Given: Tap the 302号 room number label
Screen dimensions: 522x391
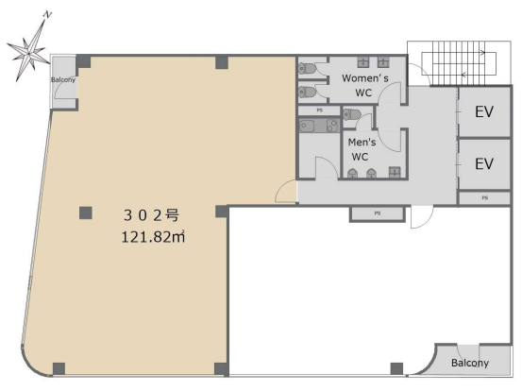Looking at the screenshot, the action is [x=151, y=215].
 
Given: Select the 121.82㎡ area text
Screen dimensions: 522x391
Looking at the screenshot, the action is [x=153, y=237].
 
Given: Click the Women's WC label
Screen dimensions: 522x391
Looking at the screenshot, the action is [x=365, y=85].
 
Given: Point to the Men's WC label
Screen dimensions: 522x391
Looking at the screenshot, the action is [x=362, y=149].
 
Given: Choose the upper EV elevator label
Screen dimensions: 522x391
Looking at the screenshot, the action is [x=484, y=111].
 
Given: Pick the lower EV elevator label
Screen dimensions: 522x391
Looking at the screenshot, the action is [x=484, y=163].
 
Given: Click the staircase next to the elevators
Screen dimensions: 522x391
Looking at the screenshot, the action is [x=459, y=64].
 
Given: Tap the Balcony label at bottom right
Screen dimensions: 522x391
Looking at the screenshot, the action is [x=470, y=363].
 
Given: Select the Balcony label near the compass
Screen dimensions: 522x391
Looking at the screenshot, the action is [x=63, y=79].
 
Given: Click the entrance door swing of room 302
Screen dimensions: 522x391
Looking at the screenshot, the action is [x=286, y=191].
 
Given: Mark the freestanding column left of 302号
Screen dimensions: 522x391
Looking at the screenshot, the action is [x=86, y=212].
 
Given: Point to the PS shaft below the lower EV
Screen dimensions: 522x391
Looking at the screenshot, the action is [x=485, y=197].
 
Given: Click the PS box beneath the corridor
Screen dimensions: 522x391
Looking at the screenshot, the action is [x=378, y=213].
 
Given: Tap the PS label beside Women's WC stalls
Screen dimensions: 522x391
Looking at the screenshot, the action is [x=320, y=110].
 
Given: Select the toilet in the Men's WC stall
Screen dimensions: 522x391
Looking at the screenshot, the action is [x=352, y=114].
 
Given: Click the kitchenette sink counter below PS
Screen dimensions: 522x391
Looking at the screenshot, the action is [x=319, y=126].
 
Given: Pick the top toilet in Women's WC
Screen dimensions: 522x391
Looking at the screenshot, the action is [x=308, y=68].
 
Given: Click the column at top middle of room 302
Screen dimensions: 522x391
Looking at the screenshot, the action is [x=222, y=62].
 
